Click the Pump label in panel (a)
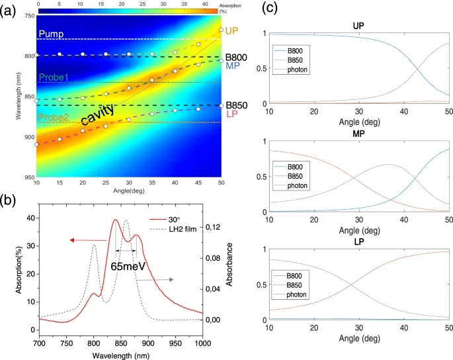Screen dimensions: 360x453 [51, 33]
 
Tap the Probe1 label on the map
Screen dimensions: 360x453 [54, 77]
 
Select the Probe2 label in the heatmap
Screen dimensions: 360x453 [54, 118]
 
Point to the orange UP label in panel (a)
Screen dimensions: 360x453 [231, 31]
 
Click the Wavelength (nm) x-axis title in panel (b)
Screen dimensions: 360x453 [120, 355]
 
